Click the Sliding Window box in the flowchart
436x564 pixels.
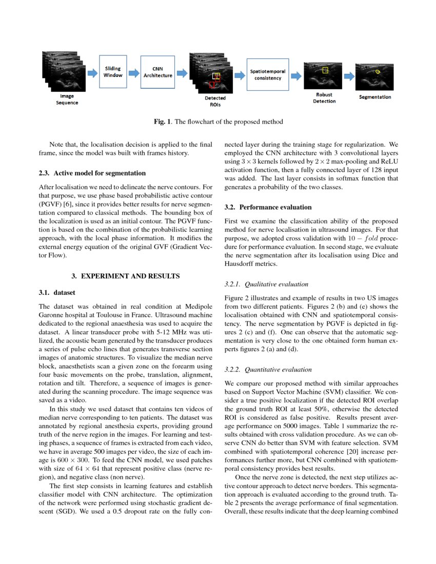(x=113, y=71)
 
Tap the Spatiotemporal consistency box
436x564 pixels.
(x=267, y=74)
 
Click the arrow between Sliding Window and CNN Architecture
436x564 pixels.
(x=134, y=73)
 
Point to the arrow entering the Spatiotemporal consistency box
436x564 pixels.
(x=240, y=75)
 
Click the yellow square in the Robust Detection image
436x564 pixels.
(x=325, y=70)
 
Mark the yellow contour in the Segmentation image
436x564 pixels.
(x=378, y=72)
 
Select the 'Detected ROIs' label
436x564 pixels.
(x=215, y=101)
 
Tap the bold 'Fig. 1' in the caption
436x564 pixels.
(x=163, y=122)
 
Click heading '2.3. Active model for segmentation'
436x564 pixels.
(x=92, y=173)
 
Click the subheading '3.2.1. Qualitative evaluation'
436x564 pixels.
(x=267, y=284)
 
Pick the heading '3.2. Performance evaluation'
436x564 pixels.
(x=268, y=207)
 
